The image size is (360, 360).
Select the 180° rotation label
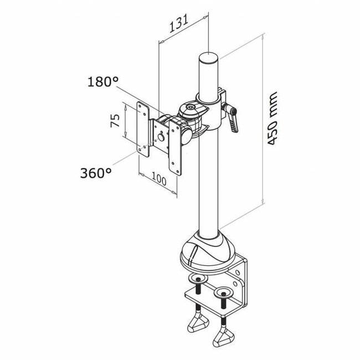click(103, 82)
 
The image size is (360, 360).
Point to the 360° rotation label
click(95, 173)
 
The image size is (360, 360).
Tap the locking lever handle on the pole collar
click(235, 119)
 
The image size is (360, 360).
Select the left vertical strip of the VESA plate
click(143, 127)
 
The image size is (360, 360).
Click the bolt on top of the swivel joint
click(191, 106)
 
